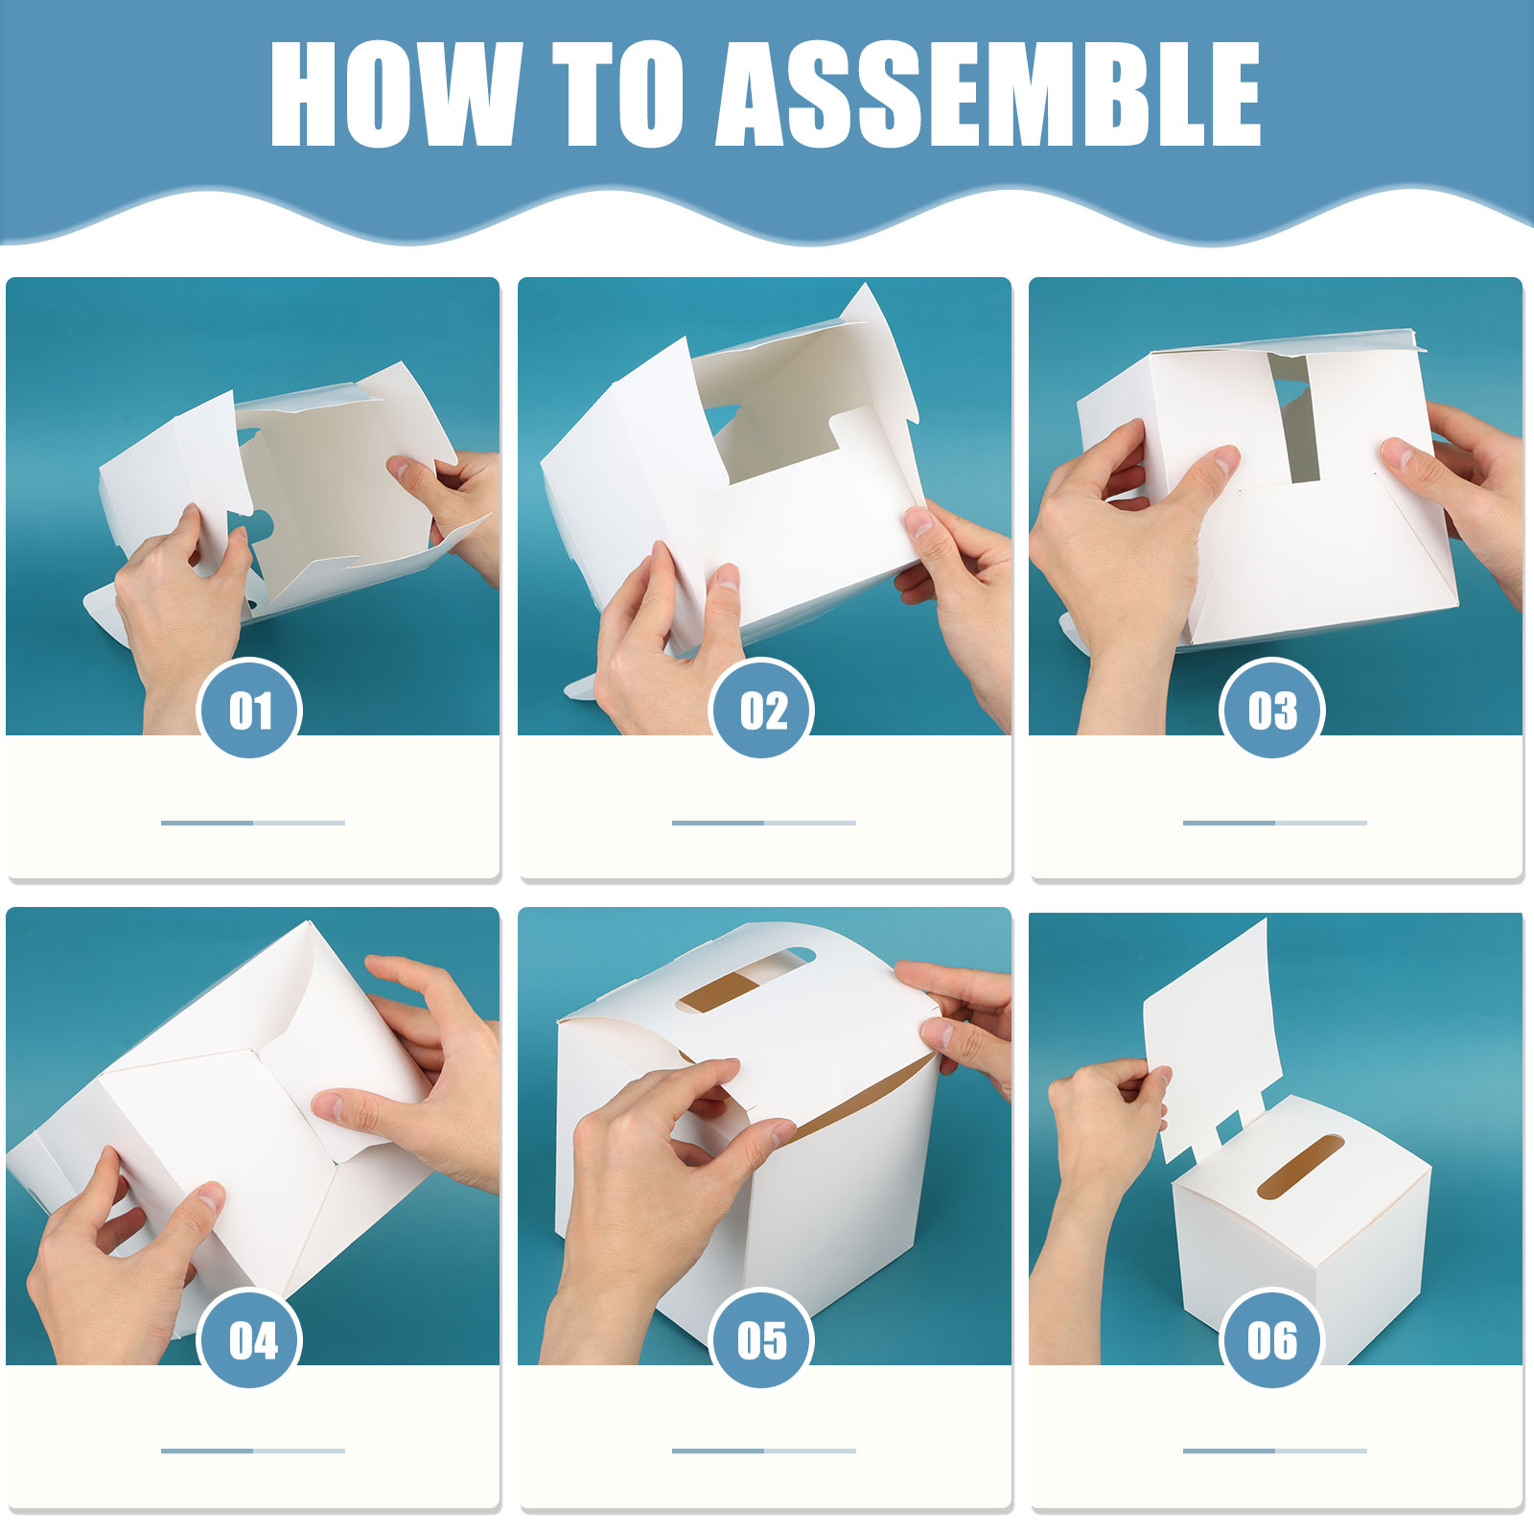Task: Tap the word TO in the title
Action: coord(624,94)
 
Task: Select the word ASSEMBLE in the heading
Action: coord(988,94)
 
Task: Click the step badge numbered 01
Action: coord(249,709)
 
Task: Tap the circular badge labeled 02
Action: coord(761,709)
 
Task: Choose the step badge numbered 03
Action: coord(1272,709)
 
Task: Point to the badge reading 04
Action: coord(249,1338)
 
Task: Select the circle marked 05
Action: coord(761,1338)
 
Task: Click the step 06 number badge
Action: coord(1272,1338)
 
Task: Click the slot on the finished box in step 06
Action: coord(1301,1167)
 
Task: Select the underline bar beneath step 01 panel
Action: coord(253,823)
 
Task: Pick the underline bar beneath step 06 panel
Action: coord(1275,1451)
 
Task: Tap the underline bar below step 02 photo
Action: coord(764,823)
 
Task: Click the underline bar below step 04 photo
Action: coord(253,1451)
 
